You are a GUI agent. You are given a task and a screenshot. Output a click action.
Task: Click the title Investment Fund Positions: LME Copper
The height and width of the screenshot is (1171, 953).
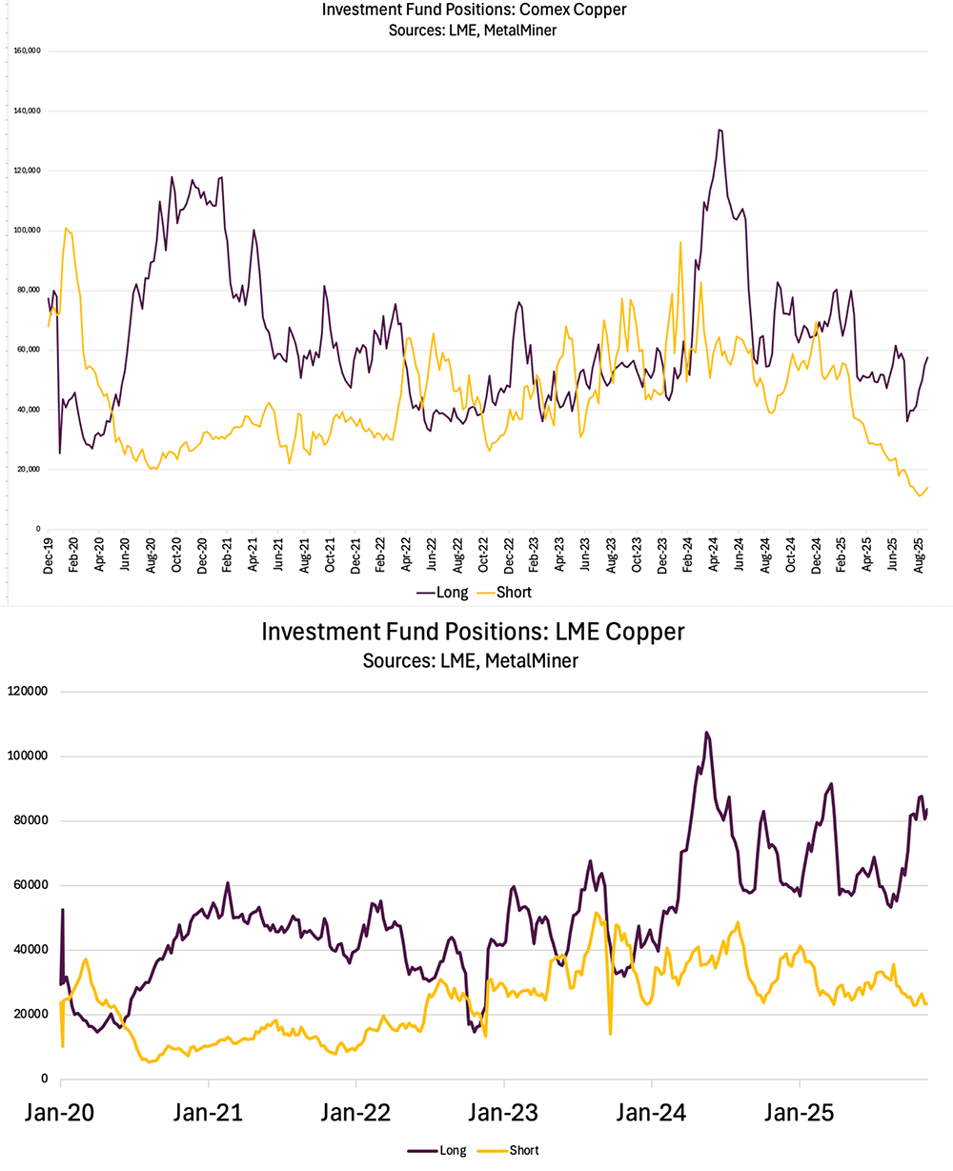[473, 632]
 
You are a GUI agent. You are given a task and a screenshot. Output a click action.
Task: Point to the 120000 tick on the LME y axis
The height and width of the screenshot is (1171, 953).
[30, 692]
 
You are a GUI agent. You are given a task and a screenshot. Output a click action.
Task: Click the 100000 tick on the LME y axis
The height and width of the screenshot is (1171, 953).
[30, 757]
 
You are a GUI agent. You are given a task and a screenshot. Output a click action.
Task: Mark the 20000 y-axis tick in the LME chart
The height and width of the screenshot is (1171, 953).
[32, 1014]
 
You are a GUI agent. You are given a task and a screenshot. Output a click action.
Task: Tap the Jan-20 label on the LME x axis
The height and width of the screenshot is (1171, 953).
[61, 1112]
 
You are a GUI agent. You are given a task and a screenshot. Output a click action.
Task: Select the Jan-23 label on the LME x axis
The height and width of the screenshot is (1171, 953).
[504, 1112]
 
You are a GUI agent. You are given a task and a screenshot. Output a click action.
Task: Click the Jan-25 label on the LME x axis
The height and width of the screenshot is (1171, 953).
[799, 1112]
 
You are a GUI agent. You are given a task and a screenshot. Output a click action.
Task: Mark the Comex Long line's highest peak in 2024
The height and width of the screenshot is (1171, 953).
[720, 130]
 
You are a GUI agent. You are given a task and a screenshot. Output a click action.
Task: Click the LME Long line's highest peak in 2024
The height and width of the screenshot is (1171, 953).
[706, 732]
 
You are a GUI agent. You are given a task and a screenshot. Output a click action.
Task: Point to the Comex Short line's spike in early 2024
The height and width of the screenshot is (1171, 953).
[680, 242]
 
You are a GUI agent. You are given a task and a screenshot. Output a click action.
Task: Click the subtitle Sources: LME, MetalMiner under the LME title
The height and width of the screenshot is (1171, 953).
[473, 660]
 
